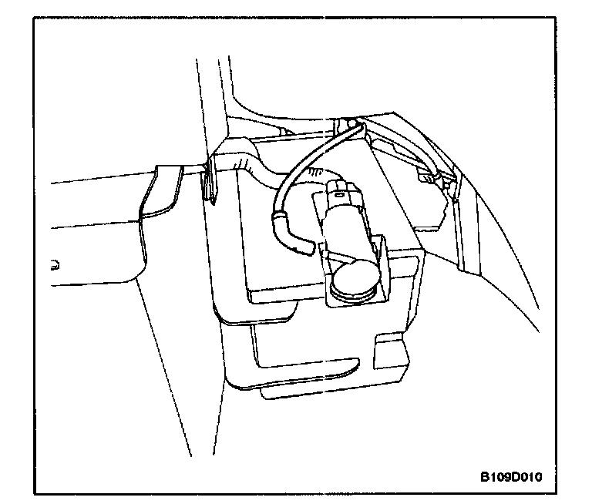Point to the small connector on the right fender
point(432,178)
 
